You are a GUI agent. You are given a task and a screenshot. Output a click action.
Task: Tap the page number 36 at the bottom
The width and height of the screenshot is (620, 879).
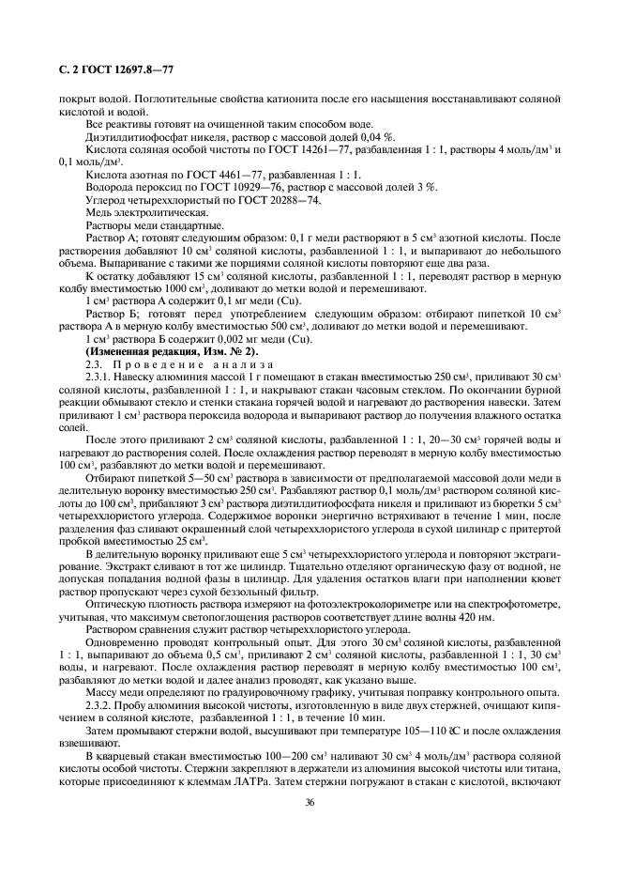click(x=310, y=801)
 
